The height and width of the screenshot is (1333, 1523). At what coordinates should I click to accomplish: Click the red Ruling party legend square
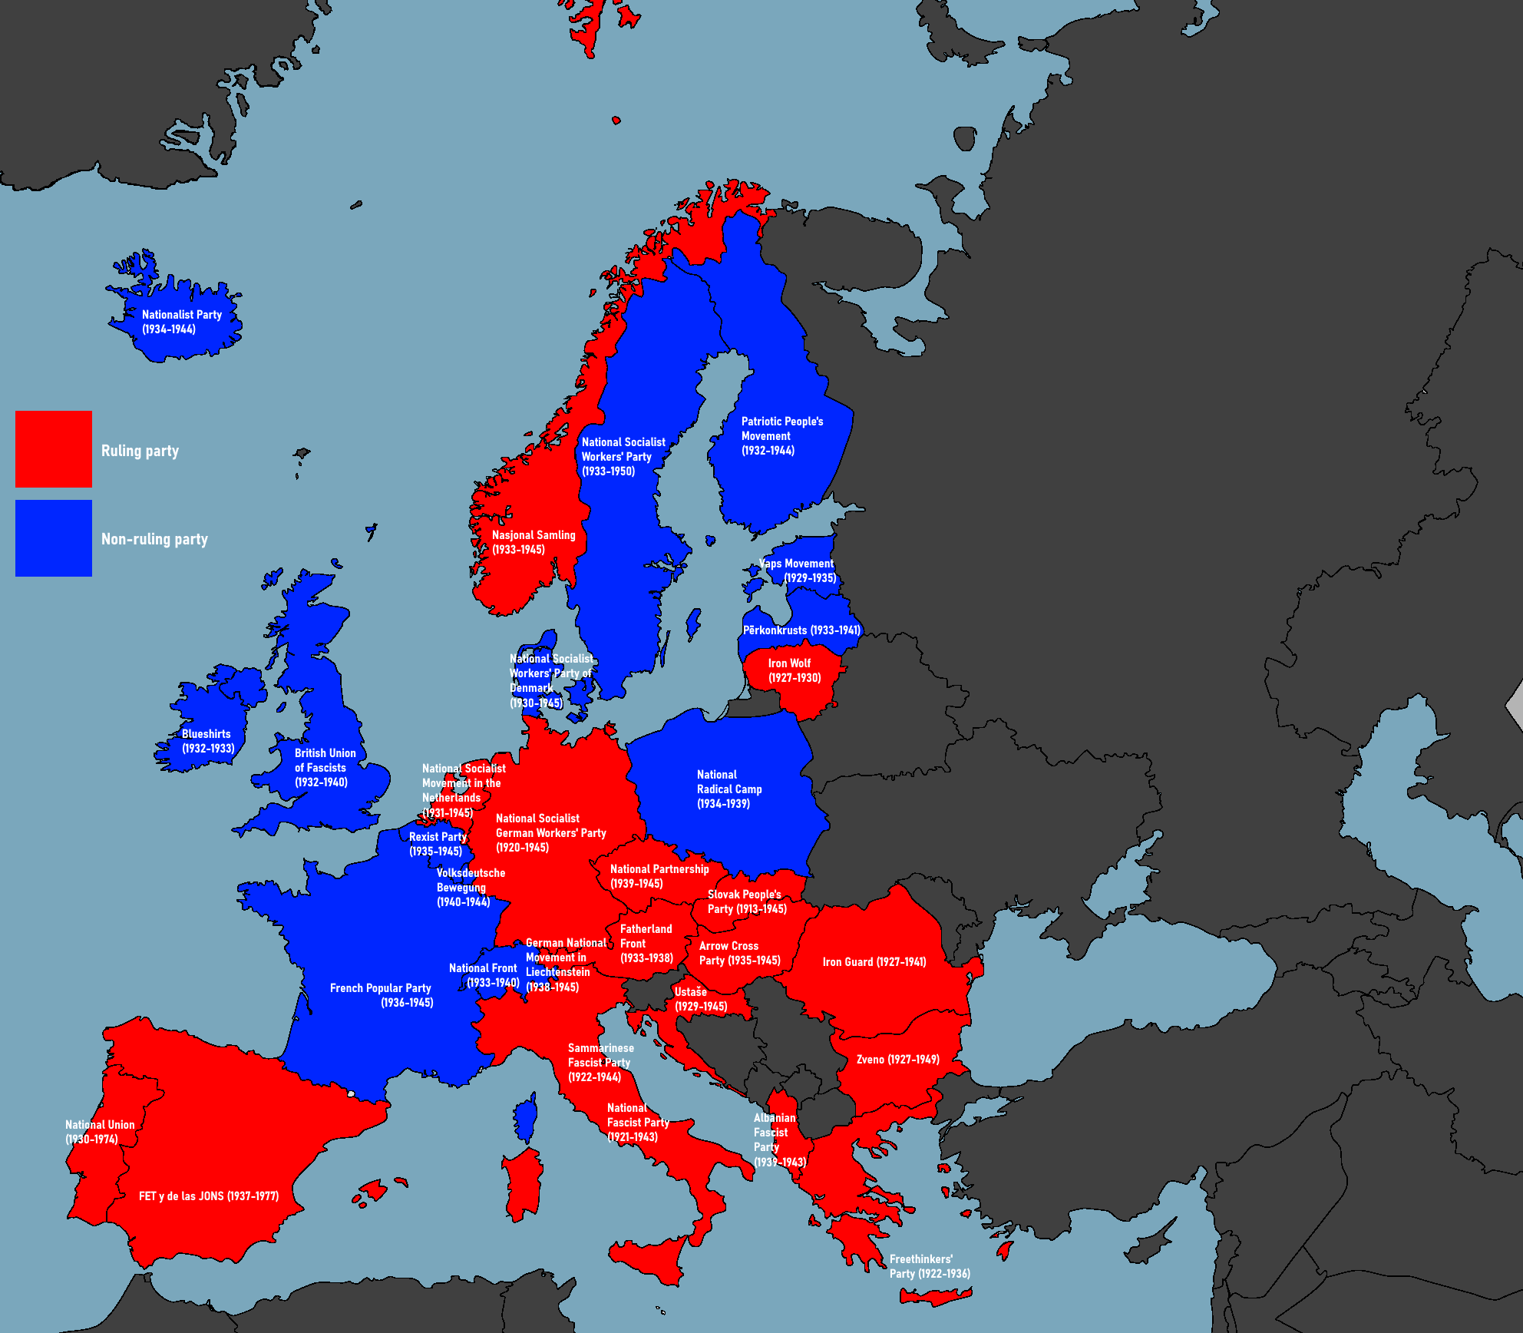(x=54, y=449)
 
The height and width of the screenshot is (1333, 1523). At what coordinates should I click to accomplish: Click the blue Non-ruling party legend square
(x=54, y=538)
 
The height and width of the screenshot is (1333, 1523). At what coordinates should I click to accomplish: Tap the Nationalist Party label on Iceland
(x=181, y=322)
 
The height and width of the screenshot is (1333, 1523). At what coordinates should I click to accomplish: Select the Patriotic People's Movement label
(x=781, y=436)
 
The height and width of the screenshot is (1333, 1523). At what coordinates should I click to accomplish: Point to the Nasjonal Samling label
(x=533, y=542)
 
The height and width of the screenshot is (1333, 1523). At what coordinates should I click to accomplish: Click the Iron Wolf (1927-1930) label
(x=794, y=670)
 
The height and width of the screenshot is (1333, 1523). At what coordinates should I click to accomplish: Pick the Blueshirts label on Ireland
(x=207, y=741)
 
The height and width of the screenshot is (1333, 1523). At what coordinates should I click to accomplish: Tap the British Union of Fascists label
(x=325, y=767)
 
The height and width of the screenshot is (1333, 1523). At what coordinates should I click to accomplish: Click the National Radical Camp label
(x=728, y=789)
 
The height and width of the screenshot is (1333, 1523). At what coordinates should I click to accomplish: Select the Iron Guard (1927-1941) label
(x=874, y=962)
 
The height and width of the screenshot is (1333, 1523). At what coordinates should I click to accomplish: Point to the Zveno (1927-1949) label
(x=897, y=1060)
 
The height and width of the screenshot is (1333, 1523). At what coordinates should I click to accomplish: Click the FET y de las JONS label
(x=208, y=1196)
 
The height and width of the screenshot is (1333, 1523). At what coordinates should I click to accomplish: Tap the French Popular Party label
(x=381, y=995)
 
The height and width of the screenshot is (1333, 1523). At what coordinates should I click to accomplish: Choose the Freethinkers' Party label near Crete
(x=929, y=1266)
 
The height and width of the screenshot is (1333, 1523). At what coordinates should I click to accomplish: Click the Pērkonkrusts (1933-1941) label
(x=801, y=630)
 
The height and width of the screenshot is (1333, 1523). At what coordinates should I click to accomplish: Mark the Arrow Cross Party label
(x=738, y=953)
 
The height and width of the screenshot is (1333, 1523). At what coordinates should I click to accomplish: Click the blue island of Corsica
(x=526, y=1119)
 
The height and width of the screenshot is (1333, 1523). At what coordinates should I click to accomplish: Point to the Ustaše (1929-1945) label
(x=700, y=999)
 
